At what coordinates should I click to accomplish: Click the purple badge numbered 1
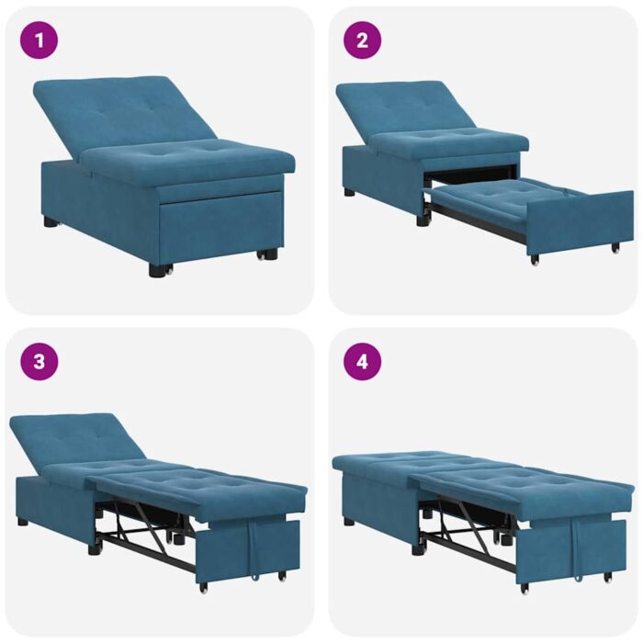(x=39, y=40)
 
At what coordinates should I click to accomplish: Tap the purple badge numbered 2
(x=362, y=40)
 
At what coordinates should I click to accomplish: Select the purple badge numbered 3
(x=39, y=361)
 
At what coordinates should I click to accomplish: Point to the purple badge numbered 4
(x=362, y=361)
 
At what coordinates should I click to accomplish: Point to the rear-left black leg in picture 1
(x=51, y=221)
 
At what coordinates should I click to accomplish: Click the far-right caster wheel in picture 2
(x=615, y=247)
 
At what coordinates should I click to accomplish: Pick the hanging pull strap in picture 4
(x=575, y=551)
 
